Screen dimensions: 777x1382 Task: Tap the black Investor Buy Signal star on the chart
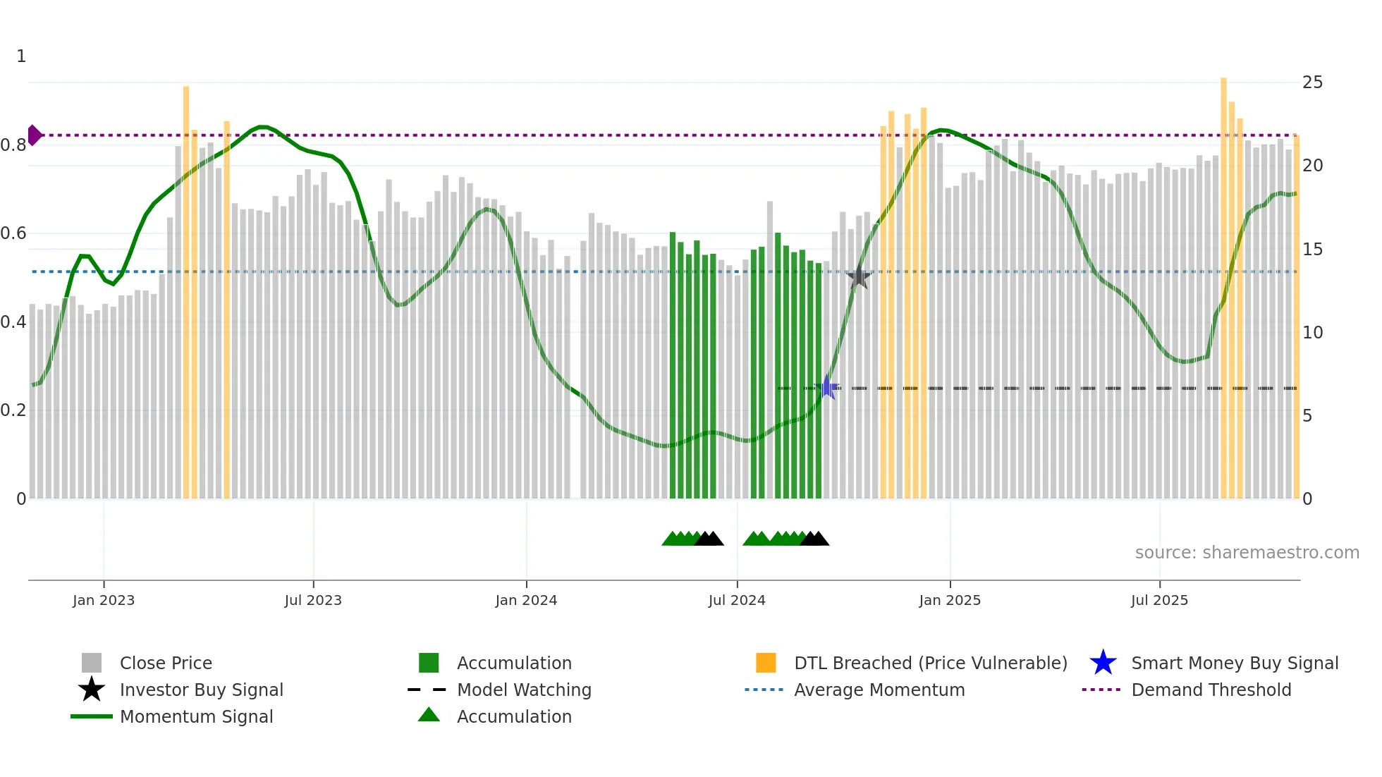pos(858,278)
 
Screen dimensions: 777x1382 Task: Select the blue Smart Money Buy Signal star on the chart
pos(827,387)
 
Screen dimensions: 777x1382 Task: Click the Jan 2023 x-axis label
pos(104,600)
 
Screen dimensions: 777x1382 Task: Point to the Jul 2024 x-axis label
pos(737,600)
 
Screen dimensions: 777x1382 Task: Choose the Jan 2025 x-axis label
pos(950,600)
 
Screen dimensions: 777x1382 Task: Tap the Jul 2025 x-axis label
pos(1159,600)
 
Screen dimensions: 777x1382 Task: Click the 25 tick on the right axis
pos(1312,82)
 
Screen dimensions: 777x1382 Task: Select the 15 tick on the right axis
pos(1312,250)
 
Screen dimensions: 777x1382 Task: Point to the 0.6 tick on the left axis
pos(14,233)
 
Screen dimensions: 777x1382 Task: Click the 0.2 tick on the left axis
pos(14,410)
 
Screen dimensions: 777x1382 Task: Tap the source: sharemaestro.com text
pos(1247,553)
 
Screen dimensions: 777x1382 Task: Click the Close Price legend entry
pos(166,663)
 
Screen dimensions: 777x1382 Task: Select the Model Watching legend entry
pos(524,690)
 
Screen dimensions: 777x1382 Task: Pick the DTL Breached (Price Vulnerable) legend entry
pos(930,663)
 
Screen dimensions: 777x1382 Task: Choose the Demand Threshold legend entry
pos(1211,690)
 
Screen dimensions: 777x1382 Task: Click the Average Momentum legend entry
pos(879,690)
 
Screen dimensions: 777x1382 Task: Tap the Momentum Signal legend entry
pos(196,716)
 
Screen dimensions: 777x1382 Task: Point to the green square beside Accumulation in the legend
pos(429,663)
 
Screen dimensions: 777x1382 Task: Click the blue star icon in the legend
pos(1103,663)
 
